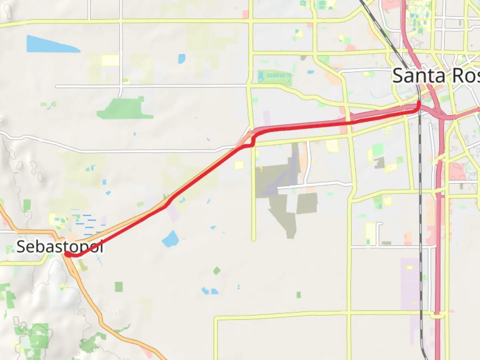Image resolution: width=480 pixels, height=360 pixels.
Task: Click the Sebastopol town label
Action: [x=59, y=247]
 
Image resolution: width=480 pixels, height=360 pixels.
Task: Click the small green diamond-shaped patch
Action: [x=217, y=270]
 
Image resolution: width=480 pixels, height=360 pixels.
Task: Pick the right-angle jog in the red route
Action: [x=253, y=142]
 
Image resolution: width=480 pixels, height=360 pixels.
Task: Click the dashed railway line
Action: [x=421, y=233]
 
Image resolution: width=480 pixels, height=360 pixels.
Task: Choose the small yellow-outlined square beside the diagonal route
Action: [x=239, y=165]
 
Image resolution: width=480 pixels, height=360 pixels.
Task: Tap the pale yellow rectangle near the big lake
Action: [x=110, y=60]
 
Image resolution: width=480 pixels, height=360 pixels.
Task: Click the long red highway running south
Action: [x=439, y=250]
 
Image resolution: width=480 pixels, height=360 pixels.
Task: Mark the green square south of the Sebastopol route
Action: [x=119, y=287]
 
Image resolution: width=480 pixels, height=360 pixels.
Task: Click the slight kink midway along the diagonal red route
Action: [x=168, y=203]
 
